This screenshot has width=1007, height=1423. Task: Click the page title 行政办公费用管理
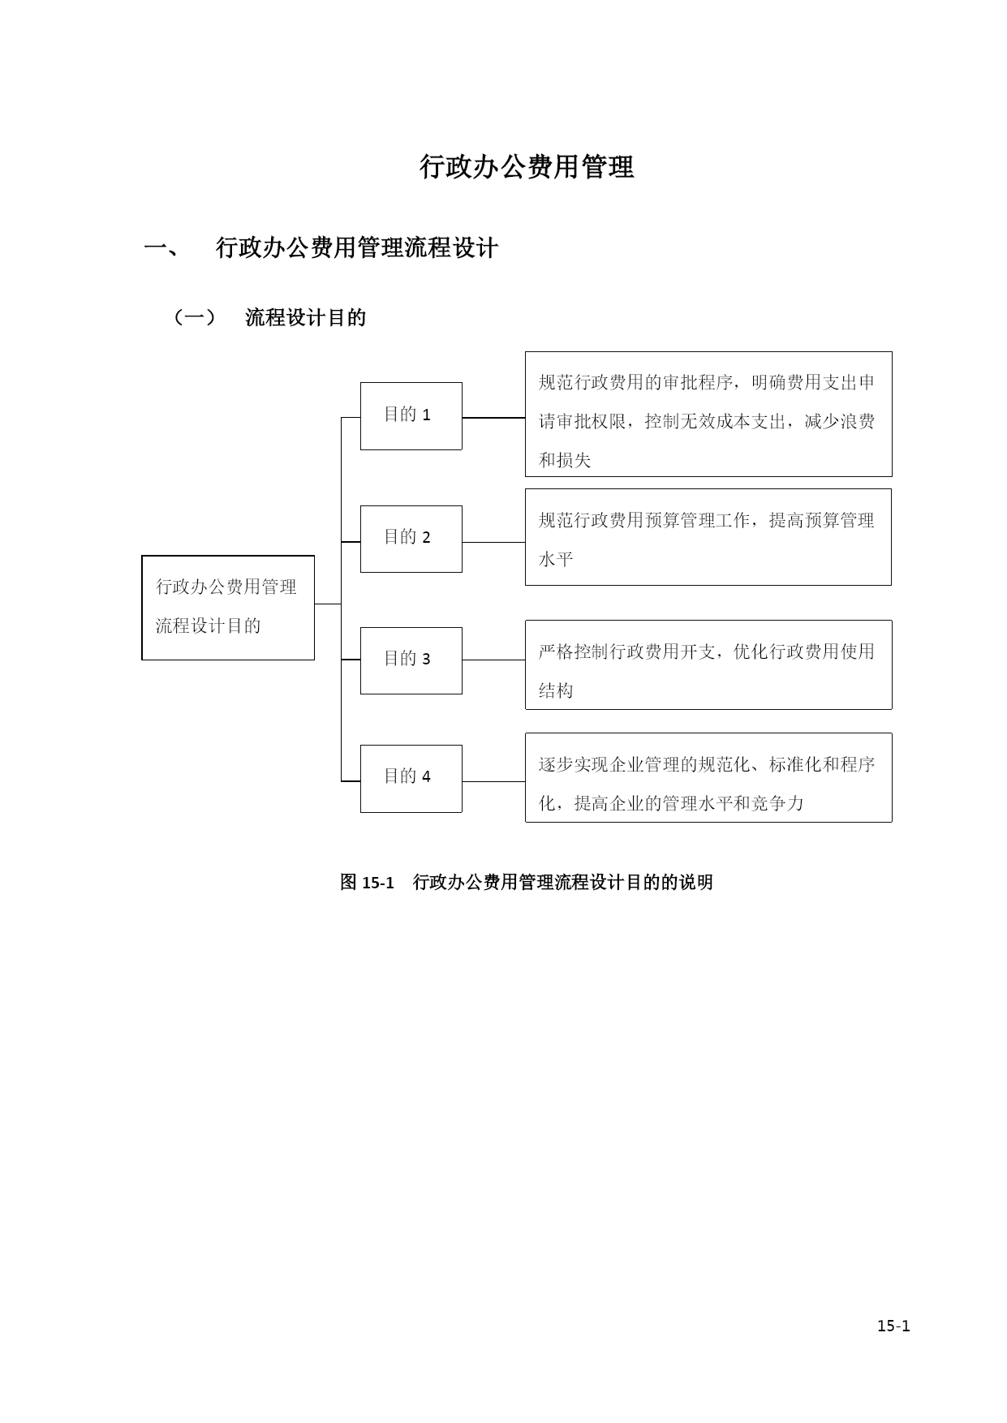pos(527,167)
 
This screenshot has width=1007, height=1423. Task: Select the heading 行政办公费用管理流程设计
pos(357,247)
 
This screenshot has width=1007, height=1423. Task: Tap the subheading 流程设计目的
pos(306,317)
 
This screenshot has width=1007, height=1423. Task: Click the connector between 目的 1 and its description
pos(493,418)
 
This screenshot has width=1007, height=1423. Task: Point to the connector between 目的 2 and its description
pos(493,542)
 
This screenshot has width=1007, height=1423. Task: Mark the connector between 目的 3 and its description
pos(493,660)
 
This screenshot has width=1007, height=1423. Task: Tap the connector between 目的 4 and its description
pos(493,781)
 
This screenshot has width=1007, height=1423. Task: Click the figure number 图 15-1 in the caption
pos(367,882)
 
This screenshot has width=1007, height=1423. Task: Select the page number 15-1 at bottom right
pos(893,1326)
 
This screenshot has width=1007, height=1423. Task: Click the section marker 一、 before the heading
pos(161,248)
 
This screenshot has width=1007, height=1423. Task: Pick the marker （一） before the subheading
pos(195,317)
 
